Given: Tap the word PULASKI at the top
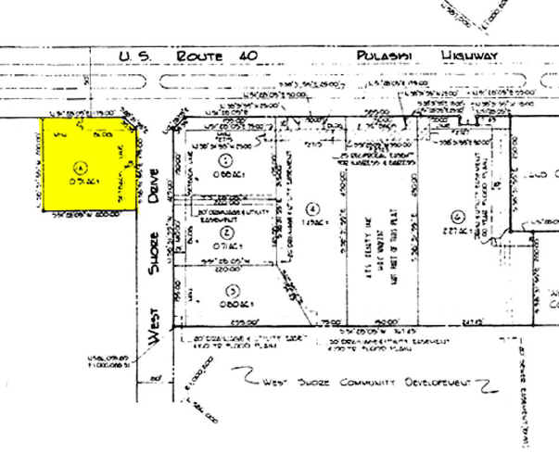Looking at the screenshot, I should point(381,57).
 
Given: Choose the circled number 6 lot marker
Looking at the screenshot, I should point(457,218).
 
